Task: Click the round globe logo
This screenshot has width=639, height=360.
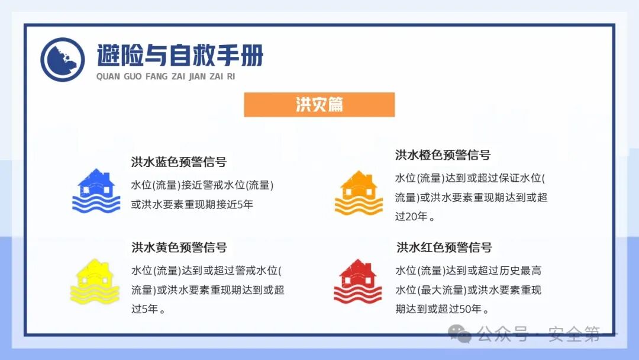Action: coord(63,60)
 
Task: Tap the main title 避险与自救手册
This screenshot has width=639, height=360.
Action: coord(180,56)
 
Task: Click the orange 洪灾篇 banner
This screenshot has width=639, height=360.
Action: coord(319,105)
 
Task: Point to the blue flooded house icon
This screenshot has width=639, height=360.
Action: coord(96,191)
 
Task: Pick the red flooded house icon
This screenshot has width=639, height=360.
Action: coord(357,282)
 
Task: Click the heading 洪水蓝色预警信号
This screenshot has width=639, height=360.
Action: coord(179,162)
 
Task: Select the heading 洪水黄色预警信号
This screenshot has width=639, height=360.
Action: coord(179,247)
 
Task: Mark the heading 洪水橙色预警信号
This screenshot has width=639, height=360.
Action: coord(443,155)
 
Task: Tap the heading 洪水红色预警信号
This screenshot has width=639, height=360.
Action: coord(444,247)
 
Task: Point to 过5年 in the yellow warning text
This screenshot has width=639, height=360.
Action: coord(145,308)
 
